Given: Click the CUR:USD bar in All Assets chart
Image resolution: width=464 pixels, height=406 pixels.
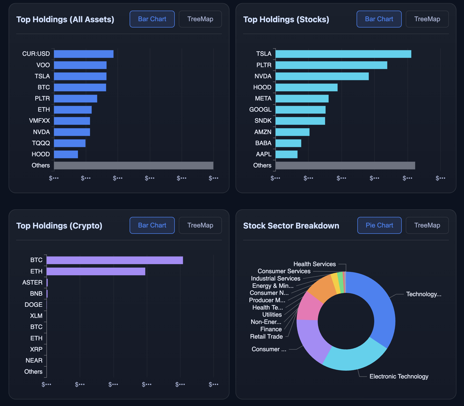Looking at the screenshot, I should (83, 54).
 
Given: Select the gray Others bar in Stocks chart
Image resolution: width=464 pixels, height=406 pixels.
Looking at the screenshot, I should (345, 166).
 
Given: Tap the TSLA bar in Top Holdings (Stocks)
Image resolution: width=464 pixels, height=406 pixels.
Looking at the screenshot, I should (343, 54).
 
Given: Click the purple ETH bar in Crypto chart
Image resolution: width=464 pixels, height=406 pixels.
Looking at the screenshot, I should (96, 271).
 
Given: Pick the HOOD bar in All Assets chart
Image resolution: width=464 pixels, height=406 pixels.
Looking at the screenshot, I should (66, 154).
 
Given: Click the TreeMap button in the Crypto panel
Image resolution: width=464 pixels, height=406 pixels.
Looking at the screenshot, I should (200, 225).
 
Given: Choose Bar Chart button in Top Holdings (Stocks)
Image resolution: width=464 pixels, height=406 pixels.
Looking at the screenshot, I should (379, 19).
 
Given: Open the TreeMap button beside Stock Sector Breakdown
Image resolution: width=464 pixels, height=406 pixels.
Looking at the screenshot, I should (427, 225).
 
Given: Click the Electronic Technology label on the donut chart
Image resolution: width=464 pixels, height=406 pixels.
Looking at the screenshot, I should (399, 376).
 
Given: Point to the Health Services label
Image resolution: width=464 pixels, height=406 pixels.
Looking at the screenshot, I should (314, 264).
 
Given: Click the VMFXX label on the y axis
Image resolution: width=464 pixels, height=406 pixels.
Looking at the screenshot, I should (39, 121).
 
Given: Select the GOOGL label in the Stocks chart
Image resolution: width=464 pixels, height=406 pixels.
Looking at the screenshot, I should (260, 110).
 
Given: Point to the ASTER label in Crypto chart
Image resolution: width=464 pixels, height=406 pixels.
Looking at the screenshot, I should (32, 283).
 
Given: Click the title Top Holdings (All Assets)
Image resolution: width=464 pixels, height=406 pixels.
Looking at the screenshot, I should (65, 19).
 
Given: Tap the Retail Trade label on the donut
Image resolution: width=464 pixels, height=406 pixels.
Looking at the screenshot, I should (266, 337).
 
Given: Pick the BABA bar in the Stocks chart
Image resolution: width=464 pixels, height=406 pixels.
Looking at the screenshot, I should (288, 143).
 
